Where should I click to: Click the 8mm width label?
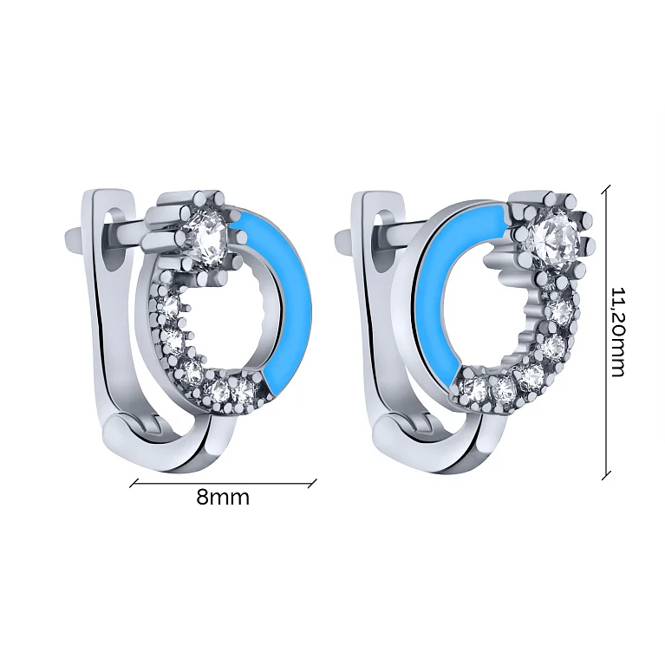[223, 497]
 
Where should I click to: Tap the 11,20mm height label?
[617, 332]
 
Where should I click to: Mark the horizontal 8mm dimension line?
[224, 483]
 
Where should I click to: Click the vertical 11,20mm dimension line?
[606, 332]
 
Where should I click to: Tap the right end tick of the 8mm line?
[313, 483]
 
